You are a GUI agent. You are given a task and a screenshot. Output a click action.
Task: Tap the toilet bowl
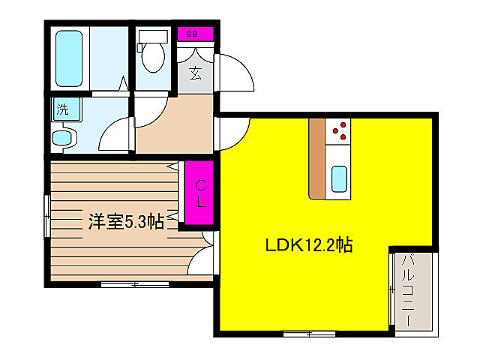pyautogui.click(x=154, y=58)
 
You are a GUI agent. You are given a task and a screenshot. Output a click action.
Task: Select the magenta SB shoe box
pyautogui.click(x=193, y=34)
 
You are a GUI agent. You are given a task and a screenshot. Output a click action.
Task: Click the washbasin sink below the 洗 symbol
pyautogui.click(x=63, y=138)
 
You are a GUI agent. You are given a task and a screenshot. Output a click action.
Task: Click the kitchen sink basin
pyautogui.click(x=339, y=178)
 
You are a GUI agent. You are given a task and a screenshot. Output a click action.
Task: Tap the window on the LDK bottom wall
pyautogui.click(x=307, y=331)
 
